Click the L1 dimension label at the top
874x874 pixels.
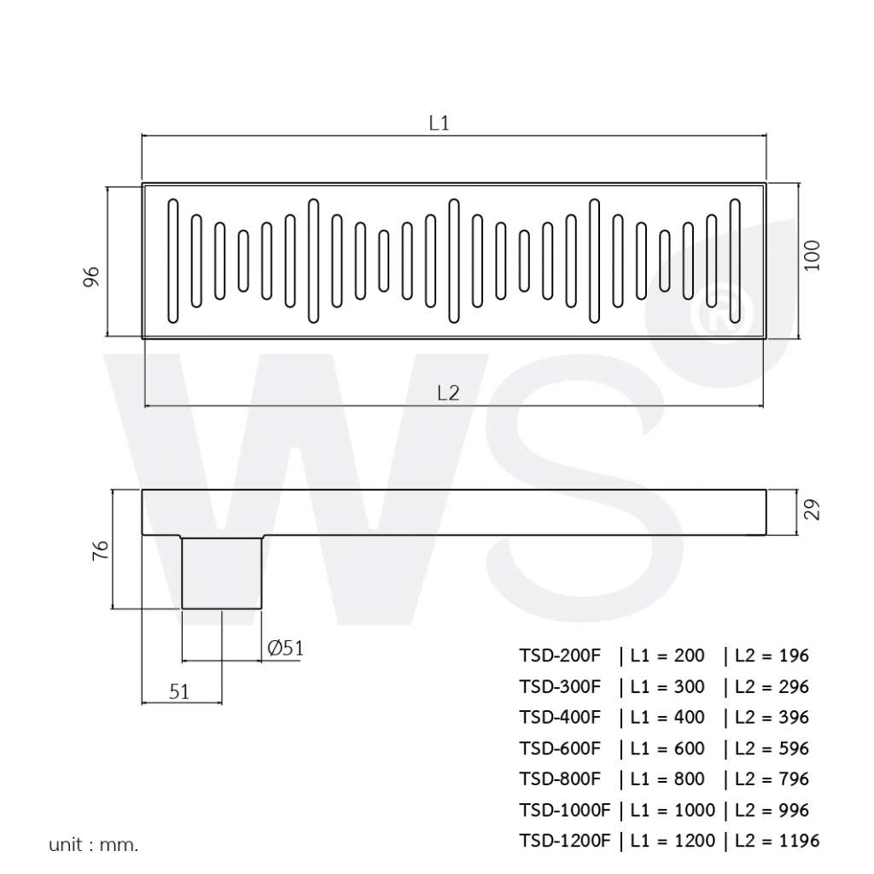(x=439, y=123)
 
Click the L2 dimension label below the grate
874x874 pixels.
(x=448, y=393)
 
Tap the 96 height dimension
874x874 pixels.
(x=93, y=276)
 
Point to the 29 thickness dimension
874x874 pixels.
(x=813, y=510)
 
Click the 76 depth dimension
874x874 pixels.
(x=100, y=550)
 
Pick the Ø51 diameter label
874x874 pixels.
(x=285, y=649)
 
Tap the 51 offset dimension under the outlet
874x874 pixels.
(x=179, y=692)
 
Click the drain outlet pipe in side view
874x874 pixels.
(x=222, y=572)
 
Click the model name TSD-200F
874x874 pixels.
(x=560, y=655)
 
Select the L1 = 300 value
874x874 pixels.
(x=667, y=687)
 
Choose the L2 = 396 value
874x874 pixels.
(x=772, y=718)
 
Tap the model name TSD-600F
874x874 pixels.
(x=560, y=749)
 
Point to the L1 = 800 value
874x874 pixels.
(x=667, y=779)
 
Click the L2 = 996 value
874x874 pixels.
(x=772, y=810)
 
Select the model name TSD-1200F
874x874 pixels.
(x=564, y=841)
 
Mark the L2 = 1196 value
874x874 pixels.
(x=777, y=841)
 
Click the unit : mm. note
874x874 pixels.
(x=93, y=846)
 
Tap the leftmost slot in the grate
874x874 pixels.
(x=173, y=261)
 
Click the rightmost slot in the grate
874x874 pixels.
(x=734, y=261)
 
